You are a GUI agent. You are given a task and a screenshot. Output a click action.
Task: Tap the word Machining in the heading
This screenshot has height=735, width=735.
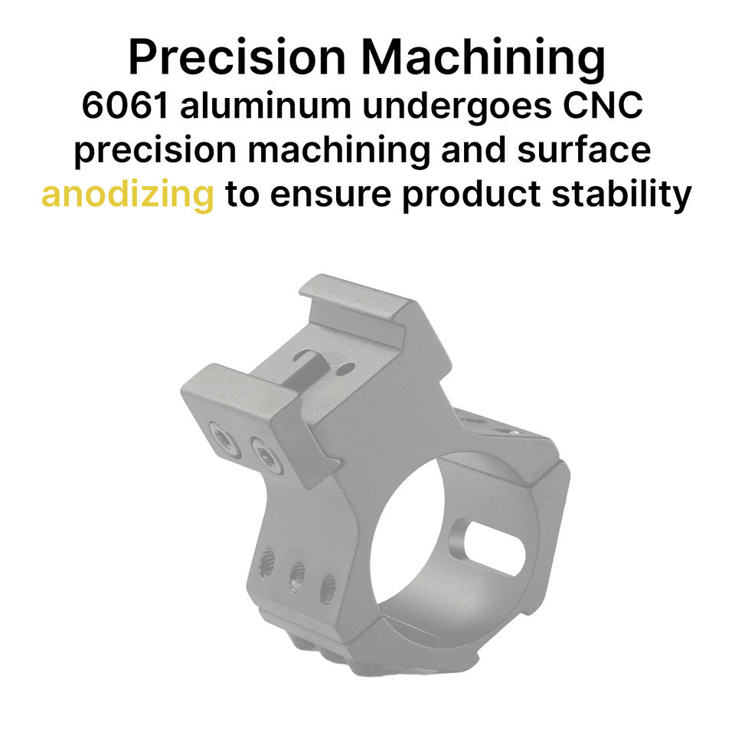tap(483, 59)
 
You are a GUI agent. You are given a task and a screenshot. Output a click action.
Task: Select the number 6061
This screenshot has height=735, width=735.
tap(125, 106)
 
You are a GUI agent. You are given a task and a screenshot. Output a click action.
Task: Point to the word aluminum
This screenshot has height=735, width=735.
tap(265, 106)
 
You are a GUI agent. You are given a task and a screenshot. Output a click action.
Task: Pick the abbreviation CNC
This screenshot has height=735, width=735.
tap(603, 106)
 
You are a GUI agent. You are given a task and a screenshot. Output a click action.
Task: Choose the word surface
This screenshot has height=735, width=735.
tap(583, 150)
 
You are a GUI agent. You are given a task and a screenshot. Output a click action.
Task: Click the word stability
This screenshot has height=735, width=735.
tap(622, 194)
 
